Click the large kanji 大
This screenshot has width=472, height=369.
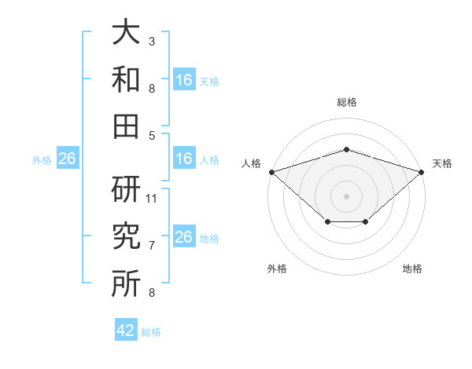(x=126, y=31)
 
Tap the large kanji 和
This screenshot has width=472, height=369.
(x=126, y=79)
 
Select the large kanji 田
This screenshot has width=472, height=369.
(x=126, y=126)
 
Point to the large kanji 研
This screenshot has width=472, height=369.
(x=126, y=189)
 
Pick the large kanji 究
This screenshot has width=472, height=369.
(x=126, y=236)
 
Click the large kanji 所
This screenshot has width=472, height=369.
(x=126, y=283)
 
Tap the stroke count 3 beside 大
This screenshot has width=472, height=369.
(x=152, y=42)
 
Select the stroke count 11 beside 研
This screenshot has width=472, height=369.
(x=151, y=199)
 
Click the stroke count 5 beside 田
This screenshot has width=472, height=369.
(x=152, y=136)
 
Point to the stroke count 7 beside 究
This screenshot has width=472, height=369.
(x=152, y=246)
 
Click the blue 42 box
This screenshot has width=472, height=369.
(x=126, y=329)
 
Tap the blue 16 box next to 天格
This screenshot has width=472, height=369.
(x=184, y=79)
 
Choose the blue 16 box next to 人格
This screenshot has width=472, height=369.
(x=184, y=158)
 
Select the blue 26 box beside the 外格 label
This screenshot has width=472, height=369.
(x=68, y=158)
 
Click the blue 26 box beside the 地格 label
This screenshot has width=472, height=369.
(x=184, y=236)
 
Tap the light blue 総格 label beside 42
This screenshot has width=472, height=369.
(x=151, y=332)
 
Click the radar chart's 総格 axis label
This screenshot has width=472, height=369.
(x=347, y=103)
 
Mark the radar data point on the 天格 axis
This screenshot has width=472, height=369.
(x=422, y=172)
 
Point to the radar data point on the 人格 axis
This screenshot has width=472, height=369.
(x=272, y=172)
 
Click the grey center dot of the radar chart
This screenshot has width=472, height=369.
(x=346, y=196)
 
